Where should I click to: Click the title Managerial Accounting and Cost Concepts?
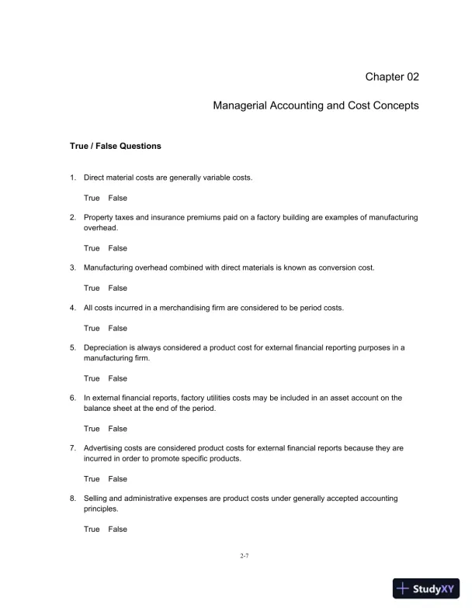[316, 105]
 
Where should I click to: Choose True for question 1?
[92, 198]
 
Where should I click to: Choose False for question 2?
[117, 248]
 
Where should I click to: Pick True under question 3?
[92, 288]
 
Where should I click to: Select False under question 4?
[117, 329]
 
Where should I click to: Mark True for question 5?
[92, 378]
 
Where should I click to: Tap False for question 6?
[117, 429]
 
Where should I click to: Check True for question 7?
[92, 479]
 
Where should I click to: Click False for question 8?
[117, 529]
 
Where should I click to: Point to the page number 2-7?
[244, 557]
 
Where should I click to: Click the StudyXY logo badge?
[428, 588]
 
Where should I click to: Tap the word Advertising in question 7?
[104, 448]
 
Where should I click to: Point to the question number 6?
[72, 398]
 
